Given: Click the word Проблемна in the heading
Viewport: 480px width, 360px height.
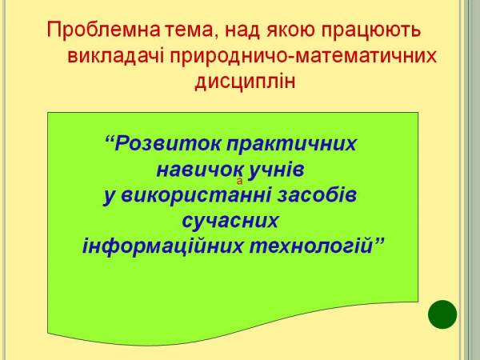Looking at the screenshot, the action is point(103,30).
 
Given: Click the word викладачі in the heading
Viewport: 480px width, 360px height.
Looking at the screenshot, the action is point(116,56).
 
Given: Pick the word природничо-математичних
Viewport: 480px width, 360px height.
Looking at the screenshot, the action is point(303,57).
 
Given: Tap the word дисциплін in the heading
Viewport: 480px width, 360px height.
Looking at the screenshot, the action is point(246,82).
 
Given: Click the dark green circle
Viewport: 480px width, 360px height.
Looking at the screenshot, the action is point(442,314).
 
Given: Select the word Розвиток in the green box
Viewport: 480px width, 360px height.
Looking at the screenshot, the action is point(167,143).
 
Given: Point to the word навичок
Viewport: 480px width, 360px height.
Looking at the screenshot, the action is point(200,170).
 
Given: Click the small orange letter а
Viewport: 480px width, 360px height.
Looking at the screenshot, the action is point(240,182).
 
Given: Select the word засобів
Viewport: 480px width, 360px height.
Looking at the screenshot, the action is point(317,195).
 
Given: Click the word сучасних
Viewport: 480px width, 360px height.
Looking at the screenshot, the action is point(230,221).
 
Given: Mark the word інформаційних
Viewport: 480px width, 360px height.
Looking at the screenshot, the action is point(163,246).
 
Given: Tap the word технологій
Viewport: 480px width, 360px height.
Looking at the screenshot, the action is point(310,246).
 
